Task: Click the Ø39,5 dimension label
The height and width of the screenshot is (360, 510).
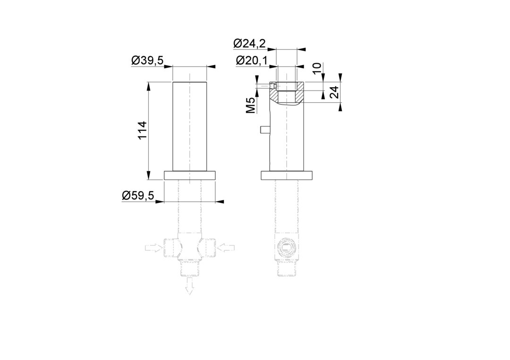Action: click(147, 60)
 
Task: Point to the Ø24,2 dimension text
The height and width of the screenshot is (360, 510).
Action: click(249, 43)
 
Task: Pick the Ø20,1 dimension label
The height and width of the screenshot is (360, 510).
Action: click(252, 60)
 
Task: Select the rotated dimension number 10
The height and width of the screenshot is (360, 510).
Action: click(316, 67)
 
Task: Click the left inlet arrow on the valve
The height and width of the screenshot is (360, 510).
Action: click(154, 248)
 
